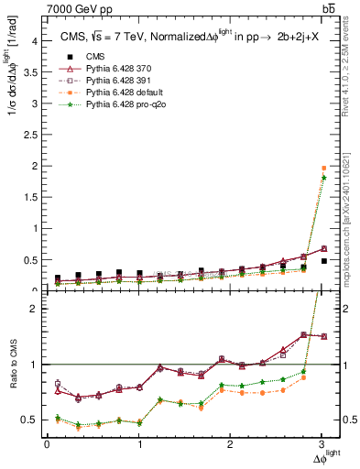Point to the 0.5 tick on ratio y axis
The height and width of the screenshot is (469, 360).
coord(34,420)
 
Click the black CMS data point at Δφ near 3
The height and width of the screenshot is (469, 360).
coord(323,261)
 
